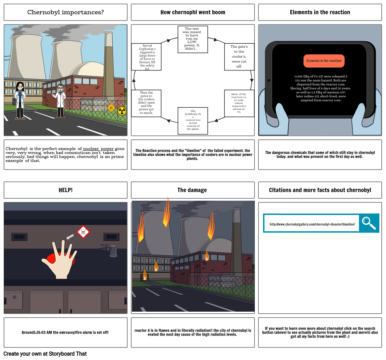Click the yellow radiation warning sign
(x=122, y=111)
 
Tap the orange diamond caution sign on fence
(x=111, y=108)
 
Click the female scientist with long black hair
(x=20, y=100)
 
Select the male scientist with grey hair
(x=60, y=100)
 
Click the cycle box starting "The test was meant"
(x=193, y=39)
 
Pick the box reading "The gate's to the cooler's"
(x=239, y=57)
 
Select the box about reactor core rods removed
(x=239, y=103)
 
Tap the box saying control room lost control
(x=193, y=121)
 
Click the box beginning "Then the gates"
(x=146, y=103)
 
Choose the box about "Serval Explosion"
(x=146, y=57)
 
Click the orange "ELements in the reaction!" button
(x=324, y=61)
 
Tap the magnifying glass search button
(x=369, y=223)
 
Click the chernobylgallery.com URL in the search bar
(x=312, y=224)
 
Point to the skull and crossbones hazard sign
(x=83, y=232)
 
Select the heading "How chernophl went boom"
(x=193, y=12)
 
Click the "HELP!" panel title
(x=65, y=190)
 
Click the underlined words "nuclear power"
(x=98, y=149)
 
